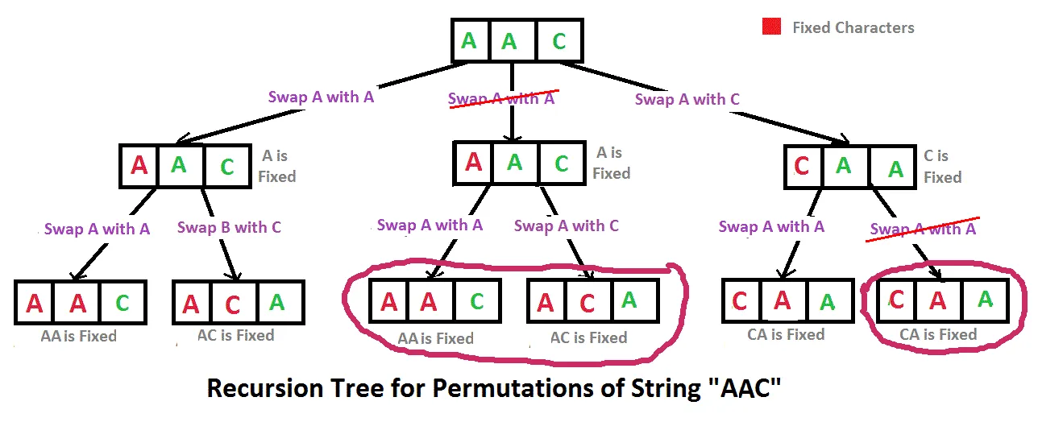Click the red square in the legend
[771, 27]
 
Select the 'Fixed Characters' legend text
[853, 28]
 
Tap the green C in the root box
[558, 41]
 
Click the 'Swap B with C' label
[229, 228]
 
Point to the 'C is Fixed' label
[942, 167]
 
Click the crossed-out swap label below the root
[501, 99]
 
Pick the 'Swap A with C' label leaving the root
[687, 100]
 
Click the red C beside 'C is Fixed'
[802, 168]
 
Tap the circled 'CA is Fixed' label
[938, 334]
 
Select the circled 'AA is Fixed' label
[435, 339]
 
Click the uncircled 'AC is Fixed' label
[236, 336]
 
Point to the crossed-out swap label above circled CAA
[923, 229]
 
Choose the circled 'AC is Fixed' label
[588, 338]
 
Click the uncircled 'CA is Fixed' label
[786, 334]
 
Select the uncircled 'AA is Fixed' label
[78, 337]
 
